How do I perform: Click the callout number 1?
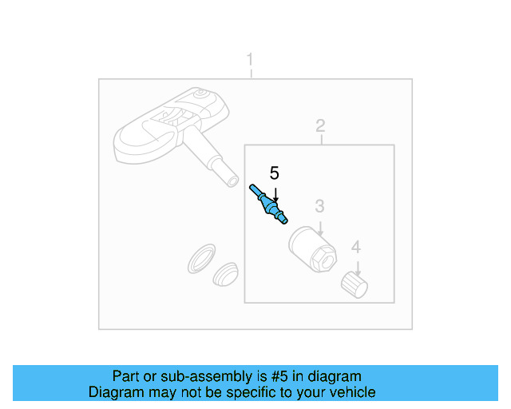250,59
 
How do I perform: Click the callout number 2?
320,125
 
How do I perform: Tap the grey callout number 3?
319,206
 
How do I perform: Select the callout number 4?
356,247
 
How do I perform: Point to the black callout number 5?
275,173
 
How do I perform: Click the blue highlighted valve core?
268,204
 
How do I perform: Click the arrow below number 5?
275,195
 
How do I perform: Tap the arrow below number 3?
320,228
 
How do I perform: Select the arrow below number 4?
358,268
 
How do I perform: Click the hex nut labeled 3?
312,249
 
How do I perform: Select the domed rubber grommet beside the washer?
225,274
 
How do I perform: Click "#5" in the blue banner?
279,376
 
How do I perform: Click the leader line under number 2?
321,139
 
